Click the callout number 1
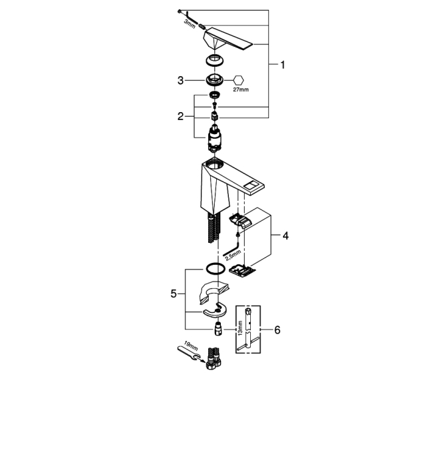pos(283,65)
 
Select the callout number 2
pos(181,116)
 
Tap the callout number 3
pos(181,81)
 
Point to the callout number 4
pos(286,236)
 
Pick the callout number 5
pos(173,294)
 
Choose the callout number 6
pos(278,330)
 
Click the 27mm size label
pos(241,89)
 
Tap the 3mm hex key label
pos(189,24)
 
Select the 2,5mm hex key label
pos(233,256)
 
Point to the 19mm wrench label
pos(191,346)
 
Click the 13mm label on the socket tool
pos(240,328)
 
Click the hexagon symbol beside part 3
pos(238,80)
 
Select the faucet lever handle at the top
pos(228,39)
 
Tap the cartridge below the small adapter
pos(214,139)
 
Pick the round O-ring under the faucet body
pos(214,269)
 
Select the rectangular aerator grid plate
pos(242,270)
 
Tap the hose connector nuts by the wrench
pos(213,359)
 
